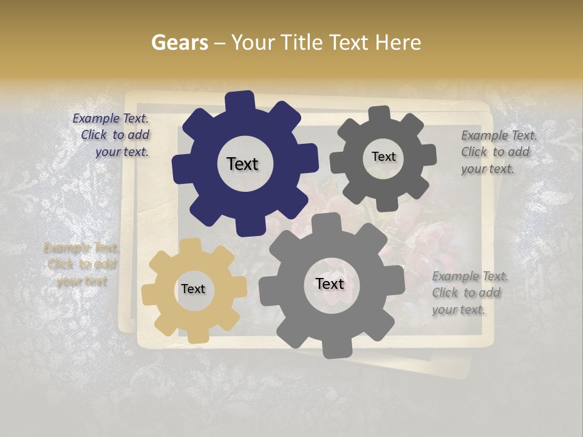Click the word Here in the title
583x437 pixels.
399,42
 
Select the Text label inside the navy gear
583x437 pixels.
242,164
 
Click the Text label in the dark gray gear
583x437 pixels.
383,157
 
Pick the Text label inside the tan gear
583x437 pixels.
193,289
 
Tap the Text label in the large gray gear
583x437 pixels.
330,283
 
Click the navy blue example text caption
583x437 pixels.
112,135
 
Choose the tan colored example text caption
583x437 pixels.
81,265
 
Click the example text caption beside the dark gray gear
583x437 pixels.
498,152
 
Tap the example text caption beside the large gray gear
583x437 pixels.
469,293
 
